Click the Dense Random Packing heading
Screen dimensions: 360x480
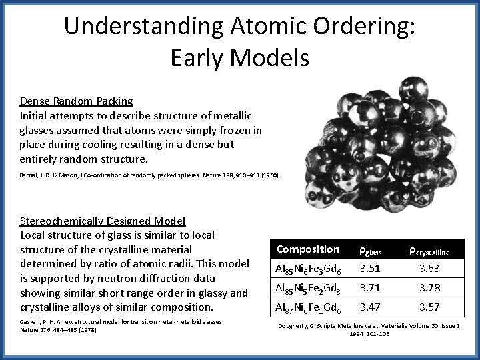[76, 101]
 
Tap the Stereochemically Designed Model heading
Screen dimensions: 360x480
[103, 221]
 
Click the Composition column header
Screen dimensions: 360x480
[308, 249]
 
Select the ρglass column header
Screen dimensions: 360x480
[371, 251]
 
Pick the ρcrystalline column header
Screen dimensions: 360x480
[429, 251]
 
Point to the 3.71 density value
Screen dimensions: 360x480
[370, 289]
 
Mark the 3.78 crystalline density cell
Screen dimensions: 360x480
[429, 289]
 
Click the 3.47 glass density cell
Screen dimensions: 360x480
[370, 309]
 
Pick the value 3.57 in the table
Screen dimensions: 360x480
[429, 309]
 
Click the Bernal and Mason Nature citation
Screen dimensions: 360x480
[150, 175]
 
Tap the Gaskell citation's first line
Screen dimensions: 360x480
[121, 322]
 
